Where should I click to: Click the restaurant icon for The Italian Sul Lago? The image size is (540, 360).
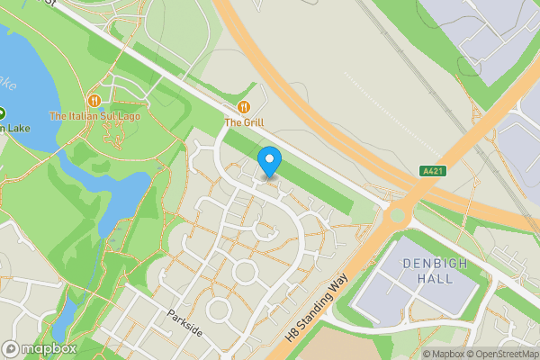[94, 101]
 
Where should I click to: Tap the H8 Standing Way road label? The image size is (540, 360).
[318, 307]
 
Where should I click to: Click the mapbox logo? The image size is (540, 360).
[39, 348]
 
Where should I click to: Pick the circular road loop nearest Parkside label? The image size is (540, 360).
[219, 309]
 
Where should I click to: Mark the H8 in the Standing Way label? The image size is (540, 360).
[292, 333]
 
